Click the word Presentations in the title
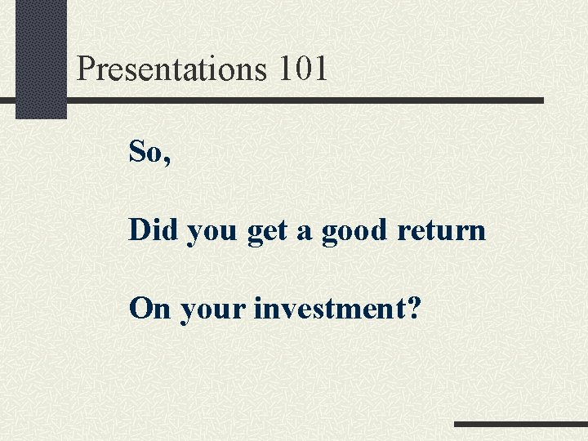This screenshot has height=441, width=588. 171,69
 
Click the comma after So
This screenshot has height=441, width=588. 167,160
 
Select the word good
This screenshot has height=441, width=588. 355,231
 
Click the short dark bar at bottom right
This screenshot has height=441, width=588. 520,424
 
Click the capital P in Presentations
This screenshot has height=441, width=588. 86,69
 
